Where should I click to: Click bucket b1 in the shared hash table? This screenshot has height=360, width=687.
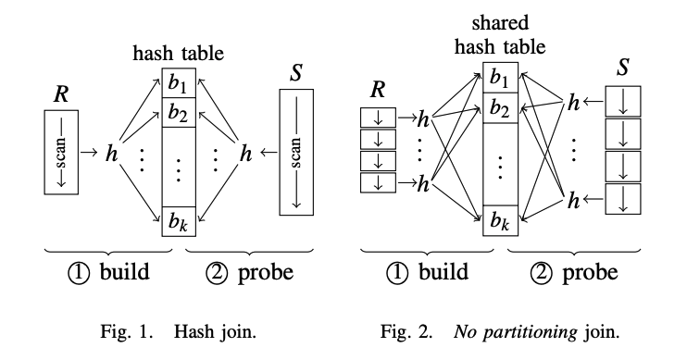tap(499, 77)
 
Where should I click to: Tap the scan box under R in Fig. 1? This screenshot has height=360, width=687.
tap(60, 151)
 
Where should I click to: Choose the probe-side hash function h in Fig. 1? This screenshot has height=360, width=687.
tap(245, 152)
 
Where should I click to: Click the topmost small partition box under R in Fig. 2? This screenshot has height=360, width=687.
tap(377, 118)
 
